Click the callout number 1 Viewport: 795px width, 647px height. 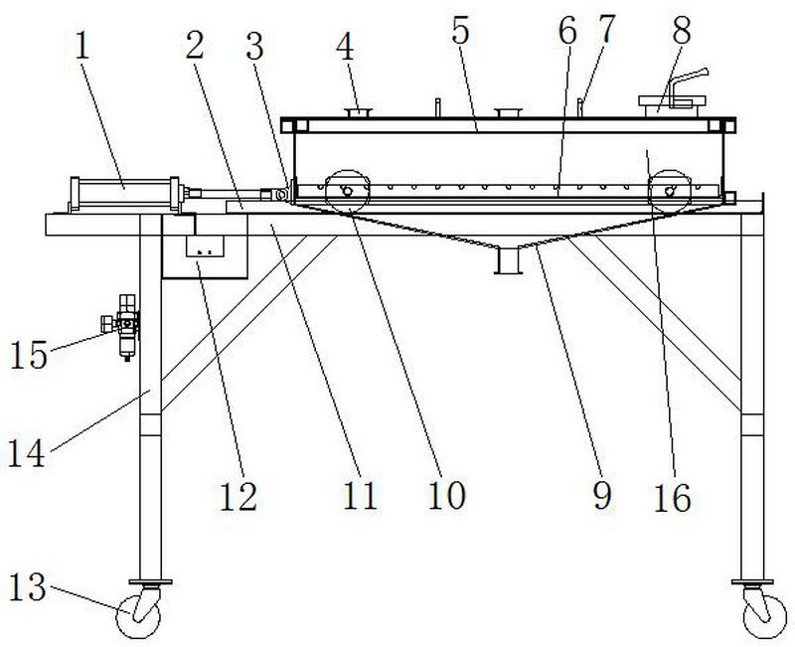(81, 48)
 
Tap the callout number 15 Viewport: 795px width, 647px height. (31, 355)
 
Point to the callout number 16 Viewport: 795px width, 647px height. (672, 497)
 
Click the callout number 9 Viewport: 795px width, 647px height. (603, 496)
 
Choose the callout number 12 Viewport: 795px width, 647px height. (239, 494)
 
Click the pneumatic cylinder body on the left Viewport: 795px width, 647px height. (122, 194)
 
